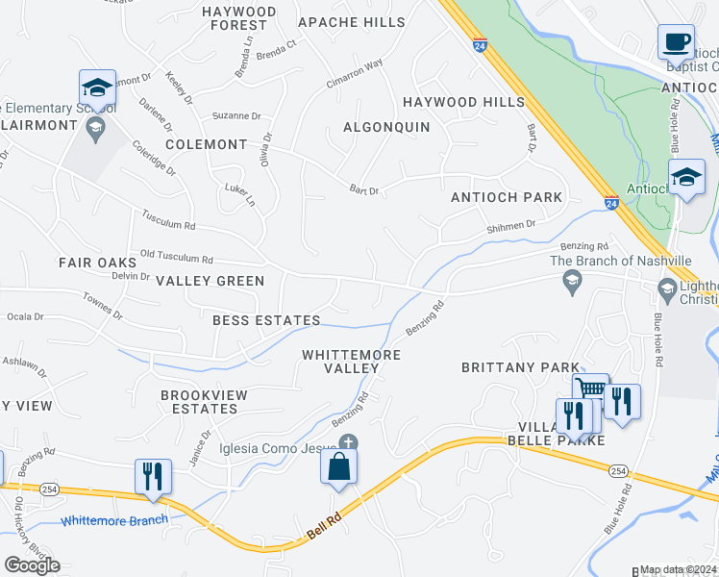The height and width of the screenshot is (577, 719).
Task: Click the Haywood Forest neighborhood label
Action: pyautogui.click(x=239, y=18)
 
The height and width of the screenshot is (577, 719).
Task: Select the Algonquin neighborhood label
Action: pyautogui.click(x=386, y=127)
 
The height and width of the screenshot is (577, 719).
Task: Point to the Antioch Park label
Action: pyautogui.click(x=507, y=197)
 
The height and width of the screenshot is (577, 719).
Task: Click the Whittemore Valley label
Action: pyautogui.click(x=351, y=362)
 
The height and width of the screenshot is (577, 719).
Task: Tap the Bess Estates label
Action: pyautogui.click(x=266, y=320)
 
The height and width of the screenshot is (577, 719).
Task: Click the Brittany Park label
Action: pyautogui.click(x=520, y=367)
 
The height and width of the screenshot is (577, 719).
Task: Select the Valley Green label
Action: pyautogui.click(x=210, y=281)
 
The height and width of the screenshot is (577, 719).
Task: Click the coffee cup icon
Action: pyautogui.click(x=676, y=42)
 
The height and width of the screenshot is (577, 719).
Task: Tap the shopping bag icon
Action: pyautogui.click(x=338, y=466)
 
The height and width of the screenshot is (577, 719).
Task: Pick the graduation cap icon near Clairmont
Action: pyautogui.click(x=97, y=88)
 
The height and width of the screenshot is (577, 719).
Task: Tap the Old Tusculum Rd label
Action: pyautogui.click(x=176, y=259)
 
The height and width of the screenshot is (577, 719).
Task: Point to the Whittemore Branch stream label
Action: pyautogui.click(x=114, y=520)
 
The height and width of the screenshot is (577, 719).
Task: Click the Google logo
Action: pyautogui.click(x=32, y=564)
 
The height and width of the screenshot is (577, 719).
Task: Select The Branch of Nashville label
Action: pyautogui.click(x=620, y=261)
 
